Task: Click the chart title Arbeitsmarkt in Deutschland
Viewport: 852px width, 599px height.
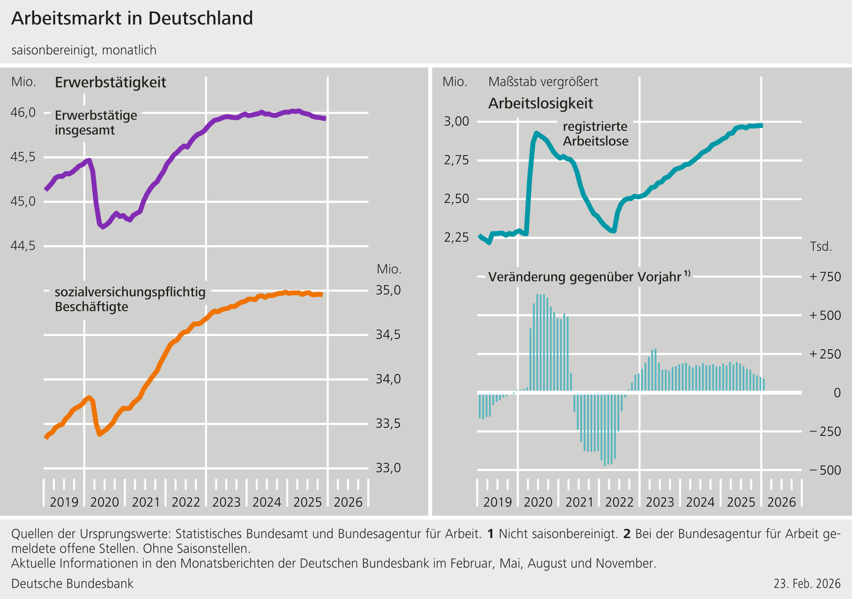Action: point(132,19)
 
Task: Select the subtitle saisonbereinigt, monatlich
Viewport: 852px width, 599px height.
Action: point(84,50)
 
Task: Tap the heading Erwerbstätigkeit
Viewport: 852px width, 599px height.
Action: point(111,82)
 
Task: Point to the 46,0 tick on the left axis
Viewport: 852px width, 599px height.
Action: point(23,112)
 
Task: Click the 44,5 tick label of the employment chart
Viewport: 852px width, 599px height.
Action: point(23,246)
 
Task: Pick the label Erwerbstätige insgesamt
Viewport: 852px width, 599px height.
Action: point(96,123)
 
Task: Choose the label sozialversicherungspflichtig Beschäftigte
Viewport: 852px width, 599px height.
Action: point(130,299)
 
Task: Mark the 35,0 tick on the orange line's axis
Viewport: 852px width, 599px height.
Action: point(388,290)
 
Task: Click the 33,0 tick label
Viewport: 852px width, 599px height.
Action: point(388,468)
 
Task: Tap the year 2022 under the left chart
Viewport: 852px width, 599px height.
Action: point(186,502)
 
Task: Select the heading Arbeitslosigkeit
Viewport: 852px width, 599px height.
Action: point(541,104)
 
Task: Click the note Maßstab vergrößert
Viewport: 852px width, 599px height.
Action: point(543,82)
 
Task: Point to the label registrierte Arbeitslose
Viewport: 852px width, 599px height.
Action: point(595,134)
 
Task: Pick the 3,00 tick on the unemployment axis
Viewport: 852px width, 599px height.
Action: point(456,121)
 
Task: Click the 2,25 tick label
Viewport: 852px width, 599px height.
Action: point(456,237)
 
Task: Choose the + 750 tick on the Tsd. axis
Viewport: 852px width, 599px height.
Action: point(825,277)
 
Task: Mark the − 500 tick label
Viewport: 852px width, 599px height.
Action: point(825,470)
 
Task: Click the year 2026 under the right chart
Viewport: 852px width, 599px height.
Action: point(782,502)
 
